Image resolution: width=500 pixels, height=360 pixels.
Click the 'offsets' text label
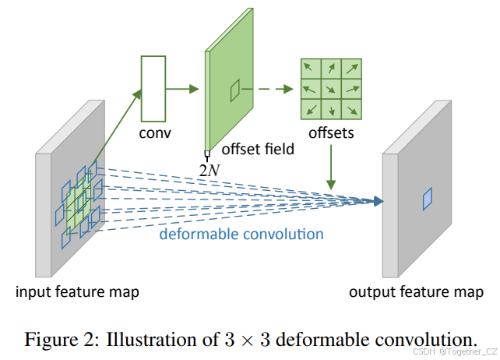pos(330,132)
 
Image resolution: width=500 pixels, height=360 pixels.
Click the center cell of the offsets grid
pos(330,87)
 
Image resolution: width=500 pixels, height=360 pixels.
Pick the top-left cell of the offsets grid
pos(311,68)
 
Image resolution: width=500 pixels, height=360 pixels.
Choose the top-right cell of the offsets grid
pos(350,68)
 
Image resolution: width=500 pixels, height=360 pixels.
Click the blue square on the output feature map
pos(426,200)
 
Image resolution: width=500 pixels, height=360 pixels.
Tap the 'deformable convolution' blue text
pos(241,233)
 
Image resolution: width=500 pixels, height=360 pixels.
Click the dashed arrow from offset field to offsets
pos(277,88)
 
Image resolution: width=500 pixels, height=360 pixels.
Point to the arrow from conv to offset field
pos(187,88)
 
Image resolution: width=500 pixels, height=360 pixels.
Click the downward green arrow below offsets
pos(331,168)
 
